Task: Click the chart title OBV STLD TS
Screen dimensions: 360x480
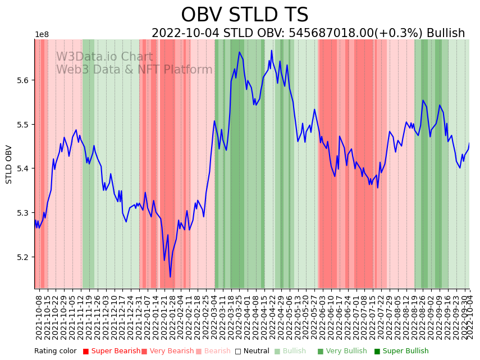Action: tap(244, 15)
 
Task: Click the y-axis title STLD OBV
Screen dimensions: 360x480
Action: tap(9, 164)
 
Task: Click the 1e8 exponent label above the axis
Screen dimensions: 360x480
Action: tap(42, 35)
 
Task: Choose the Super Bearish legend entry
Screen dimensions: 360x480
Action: tap(111, 352)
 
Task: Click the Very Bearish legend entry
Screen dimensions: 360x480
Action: tap(167, 352)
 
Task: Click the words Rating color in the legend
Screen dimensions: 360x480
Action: tap(55, 352)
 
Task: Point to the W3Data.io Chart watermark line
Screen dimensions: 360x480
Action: tap(104, 57)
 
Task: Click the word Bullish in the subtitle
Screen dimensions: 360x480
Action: tap(446, 34)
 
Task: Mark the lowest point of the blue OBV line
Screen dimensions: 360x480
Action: tap(170, 276)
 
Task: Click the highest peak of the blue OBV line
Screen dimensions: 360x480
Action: tap(271, 51)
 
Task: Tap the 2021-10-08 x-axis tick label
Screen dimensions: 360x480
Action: tap(39, 318)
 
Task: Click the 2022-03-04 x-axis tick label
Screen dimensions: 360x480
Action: tap(214, 318)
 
